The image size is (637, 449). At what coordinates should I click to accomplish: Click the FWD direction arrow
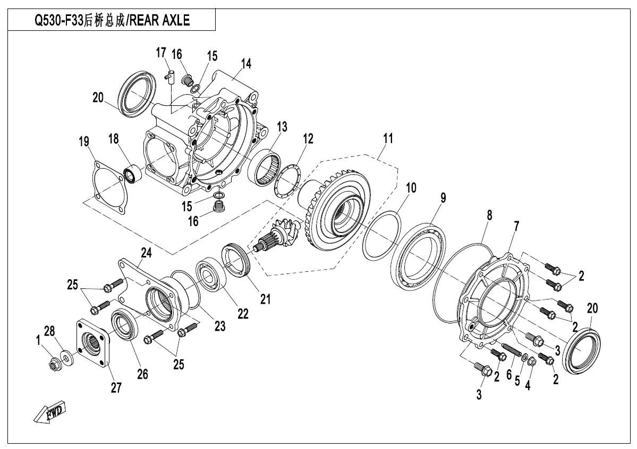[x=49, y=413]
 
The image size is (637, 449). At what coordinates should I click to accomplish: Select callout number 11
[x=388, y=138]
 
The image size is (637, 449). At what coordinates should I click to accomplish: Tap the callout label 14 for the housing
[x=246, y=63]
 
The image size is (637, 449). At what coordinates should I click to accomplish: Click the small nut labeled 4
[x=532, y=362]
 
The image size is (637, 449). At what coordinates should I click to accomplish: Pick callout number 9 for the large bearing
[x=443, y=198]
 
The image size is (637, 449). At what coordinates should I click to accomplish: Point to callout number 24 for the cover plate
[x=146, y=253]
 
